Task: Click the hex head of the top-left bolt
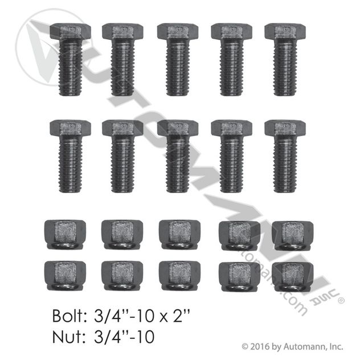70,31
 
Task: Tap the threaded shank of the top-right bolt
285,67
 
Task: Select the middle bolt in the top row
178,59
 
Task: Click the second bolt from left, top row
122,59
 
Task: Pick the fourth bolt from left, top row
231,59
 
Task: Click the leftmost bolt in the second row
70,156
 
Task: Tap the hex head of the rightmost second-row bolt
285,128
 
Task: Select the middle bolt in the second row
178,156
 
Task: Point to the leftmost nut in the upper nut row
65,235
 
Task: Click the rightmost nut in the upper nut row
293,236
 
